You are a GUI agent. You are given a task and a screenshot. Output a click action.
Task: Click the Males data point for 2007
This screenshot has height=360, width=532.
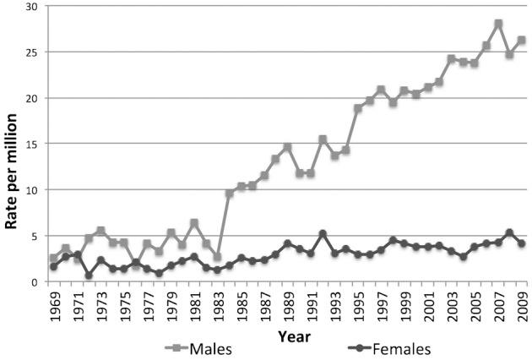pos(498,24)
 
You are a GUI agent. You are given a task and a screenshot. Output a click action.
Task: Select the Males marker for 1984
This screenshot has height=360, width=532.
pos(229,194)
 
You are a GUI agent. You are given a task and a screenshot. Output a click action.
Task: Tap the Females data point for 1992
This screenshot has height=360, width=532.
pos(323,233)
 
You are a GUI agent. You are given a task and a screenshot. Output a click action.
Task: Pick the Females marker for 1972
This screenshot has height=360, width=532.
pos(89,275)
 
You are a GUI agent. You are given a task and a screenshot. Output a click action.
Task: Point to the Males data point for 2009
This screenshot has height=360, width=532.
pos(522,40)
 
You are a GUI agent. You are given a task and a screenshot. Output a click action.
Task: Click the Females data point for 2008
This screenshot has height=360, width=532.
pos(510,232)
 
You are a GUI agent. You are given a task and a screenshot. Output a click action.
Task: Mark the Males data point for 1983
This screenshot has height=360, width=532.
pos(217,257)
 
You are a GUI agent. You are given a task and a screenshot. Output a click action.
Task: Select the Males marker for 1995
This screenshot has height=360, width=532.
pos(358,108)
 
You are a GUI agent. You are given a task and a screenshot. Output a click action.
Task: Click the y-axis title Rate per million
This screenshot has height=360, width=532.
pos(13,144)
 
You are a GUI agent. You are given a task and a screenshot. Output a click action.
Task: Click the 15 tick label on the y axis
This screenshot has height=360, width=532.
pos(32,144)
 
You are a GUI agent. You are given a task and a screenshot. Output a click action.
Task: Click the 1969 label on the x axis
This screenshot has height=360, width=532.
pos(54,305)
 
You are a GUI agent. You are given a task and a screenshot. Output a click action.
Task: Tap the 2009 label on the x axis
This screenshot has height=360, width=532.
pos(522,305)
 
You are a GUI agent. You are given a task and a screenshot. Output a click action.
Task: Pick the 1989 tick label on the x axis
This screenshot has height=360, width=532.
pos(288,305)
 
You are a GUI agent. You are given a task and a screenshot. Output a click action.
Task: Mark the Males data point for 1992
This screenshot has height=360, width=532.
pos(323,139)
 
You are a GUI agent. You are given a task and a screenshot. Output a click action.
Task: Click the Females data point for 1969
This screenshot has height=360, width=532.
pos(53,266)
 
